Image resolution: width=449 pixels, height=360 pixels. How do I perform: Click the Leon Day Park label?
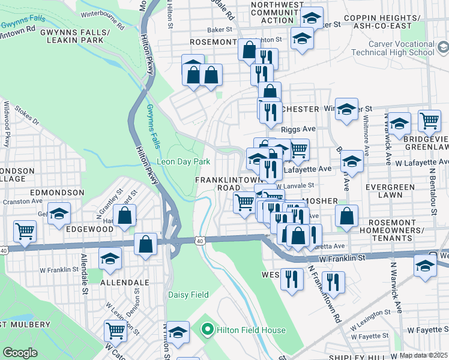[183, 161]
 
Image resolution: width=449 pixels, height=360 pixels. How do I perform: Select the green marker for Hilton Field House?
[208, 329]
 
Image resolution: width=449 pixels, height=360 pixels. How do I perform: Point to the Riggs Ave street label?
[298, 129]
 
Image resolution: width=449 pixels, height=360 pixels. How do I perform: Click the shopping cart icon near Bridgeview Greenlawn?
[429, 121]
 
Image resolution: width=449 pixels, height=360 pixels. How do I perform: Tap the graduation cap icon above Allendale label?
[110, 258]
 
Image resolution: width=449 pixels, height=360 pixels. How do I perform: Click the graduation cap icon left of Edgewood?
[59, 214]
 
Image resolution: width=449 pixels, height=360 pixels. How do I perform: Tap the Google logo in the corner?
[20, 353]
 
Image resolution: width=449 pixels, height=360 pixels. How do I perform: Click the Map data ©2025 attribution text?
[424, 355]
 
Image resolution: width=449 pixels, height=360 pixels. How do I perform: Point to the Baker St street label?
[219, 28]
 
